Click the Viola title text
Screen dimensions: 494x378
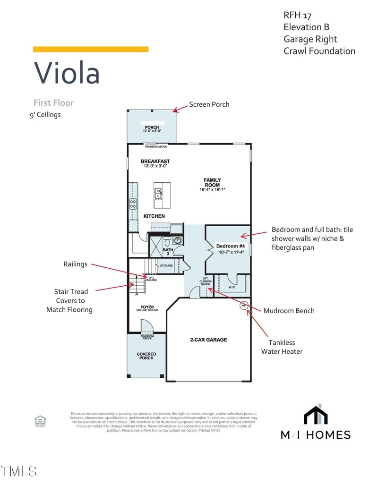67,73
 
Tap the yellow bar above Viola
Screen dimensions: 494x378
91,49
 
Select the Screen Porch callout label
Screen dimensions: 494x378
209,104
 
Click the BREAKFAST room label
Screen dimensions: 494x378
155,162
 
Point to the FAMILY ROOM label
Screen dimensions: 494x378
212,182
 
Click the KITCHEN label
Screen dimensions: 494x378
154,216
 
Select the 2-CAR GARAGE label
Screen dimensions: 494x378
208,340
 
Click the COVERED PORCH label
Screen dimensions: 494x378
146,356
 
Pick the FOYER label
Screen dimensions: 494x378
147,307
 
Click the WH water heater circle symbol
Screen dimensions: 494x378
244,305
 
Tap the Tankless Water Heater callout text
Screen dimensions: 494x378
282,347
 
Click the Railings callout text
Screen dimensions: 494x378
76,264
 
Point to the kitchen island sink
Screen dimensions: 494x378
158,193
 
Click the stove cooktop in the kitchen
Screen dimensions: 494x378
133,204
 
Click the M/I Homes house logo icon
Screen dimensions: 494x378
316,415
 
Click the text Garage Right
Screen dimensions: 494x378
310,39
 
